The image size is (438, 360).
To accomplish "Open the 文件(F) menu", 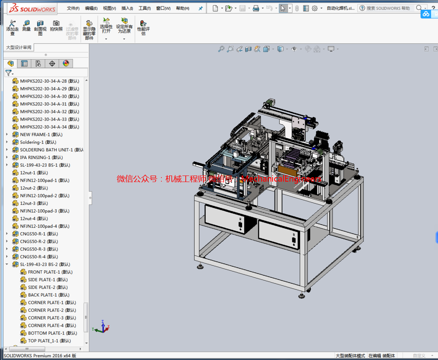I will (x=73, y=9).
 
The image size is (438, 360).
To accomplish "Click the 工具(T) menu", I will (x=144, y=9).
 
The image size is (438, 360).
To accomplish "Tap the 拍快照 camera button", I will (x=56, y=26).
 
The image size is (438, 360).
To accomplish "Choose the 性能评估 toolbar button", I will (x=143, y=28).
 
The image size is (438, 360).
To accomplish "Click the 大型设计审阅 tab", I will (x=19, y=48).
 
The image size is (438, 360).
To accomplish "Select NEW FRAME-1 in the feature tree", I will (x=41, y=135).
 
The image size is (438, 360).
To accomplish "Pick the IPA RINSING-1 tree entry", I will (x=41, y=158).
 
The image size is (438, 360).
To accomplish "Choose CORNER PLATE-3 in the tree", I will (x=52, y=318).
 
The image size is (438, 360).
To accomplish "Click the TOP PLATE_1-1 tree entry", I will (x=49, y=341).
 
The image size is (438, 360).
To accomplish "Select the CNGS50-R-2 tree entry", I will (x=39, y=242).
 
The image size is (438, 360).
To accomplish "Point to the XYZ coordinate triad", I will (x=102, y=327).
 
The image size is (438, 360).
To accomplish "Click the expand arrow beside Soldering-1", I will (x=7, y=142).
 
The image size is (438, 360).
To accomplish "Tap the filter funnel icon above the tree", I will (x=8, y=73).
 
